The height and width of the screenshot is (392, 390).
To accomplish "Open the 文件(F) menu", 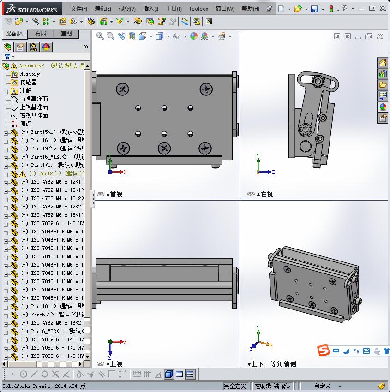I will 79,9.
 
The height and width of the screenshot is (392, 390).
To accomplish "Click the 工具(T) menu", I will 174,9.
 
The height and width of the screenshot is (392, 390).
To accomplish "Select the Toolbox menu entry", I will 198,9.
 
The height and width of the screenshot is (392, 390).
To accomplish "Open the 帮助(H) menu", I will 250,9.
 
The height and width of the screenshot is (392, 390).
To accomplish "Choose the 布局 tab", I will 41,34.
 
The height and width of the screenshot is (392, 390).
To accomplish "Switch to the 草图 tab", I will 66,34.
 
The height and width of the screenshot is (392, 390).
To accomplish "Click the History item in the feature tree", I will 30,74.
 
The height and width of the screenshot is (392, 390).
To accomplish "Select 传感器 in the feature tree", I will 28,82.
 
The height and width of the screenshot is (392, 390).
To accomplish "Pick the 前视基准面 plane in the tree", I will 34,99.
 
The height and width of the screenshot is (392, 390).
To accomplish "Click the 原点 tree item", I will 25,124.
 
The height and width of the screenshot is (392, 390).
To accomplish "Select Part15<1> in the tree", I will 42,132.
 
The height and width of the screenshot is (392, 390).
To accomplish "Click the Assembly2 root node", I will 31,66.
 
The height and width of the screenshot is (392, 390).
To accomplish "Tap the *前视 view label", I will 115,195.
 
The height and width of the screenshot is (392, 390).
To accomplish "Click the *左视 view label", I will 266,195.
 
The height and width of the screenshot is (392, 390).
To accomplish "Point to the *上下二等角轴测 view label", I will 273,364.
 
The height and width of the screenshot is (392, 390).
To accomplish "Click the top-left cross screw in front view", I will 122,89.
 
